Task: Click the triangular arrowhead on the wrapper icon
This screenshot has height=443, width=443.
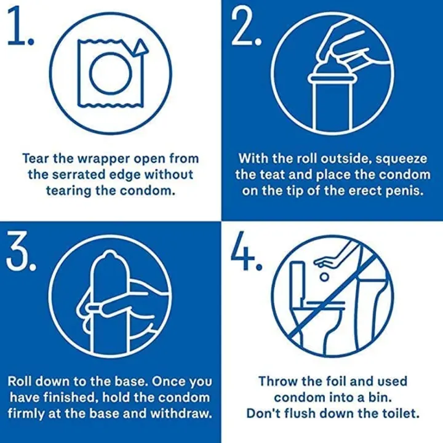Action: click(x=140, y=47)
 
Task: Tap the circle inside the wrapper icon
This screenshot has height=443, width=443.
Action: click(x=111, y=73)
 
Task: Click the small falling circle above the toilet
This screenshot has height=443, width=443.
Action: click(x=325, y=277)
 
